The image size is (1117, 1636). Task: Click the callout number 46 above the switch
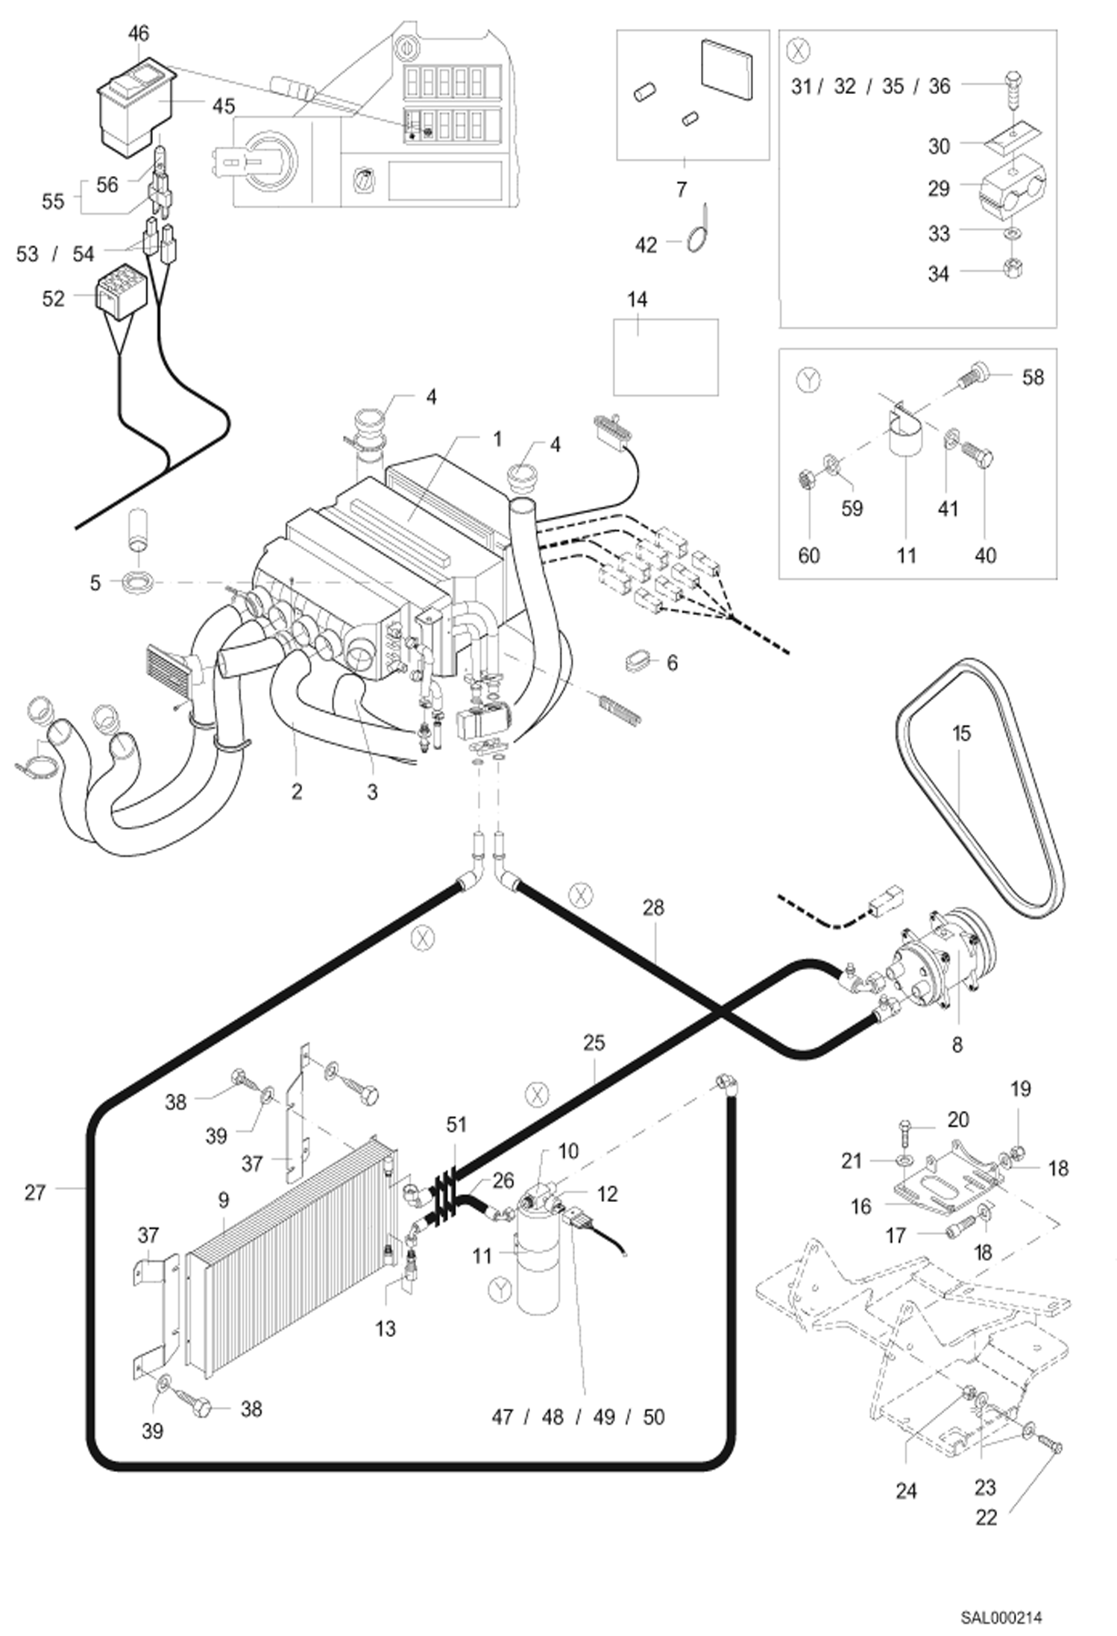pos(139,34)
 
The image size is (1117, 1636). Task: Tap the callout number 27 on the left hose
pos(35,1192)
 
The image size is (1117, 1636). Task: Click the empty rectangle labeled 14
pos(665,356)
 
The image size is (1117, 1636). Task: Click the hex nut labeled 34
pos(1013,267)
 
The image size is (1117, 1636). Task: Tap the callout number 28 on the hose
pos(652,907)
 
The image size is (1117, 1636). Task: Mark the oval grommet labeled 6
pos(635,661)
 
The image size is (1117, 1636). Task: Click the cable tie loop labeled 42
pos(697,241)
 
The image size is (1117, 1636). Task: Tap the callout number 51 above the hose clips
pos(456,1124)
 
